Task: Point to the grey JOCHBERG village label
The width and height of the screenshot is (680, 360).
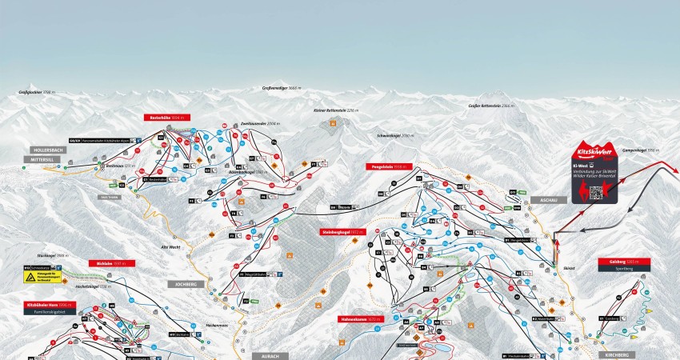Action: click(183, 284)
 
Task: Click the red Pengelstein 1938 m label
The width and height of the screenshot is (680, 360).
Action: click(386, 167)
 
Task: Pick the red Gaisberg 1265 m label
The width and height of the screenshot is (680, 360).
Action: click(622, 262)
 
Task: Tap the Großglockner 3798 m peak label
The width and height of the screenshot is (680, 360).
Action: click(36, 93)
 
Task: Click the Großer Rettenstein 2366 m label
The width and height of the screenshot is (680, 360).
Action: click(490, 105)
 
